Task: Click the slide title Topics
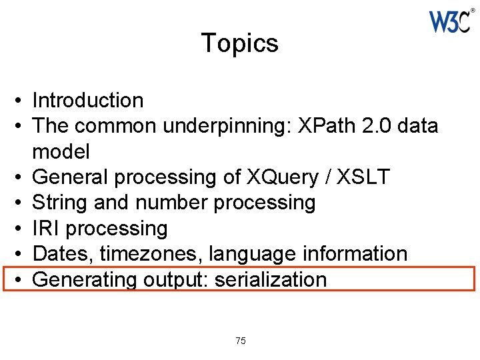[239, 43]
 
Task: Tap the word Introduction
[88, 101]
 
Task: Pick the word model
[61, 151]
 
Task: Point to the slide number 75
[241, 341]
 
